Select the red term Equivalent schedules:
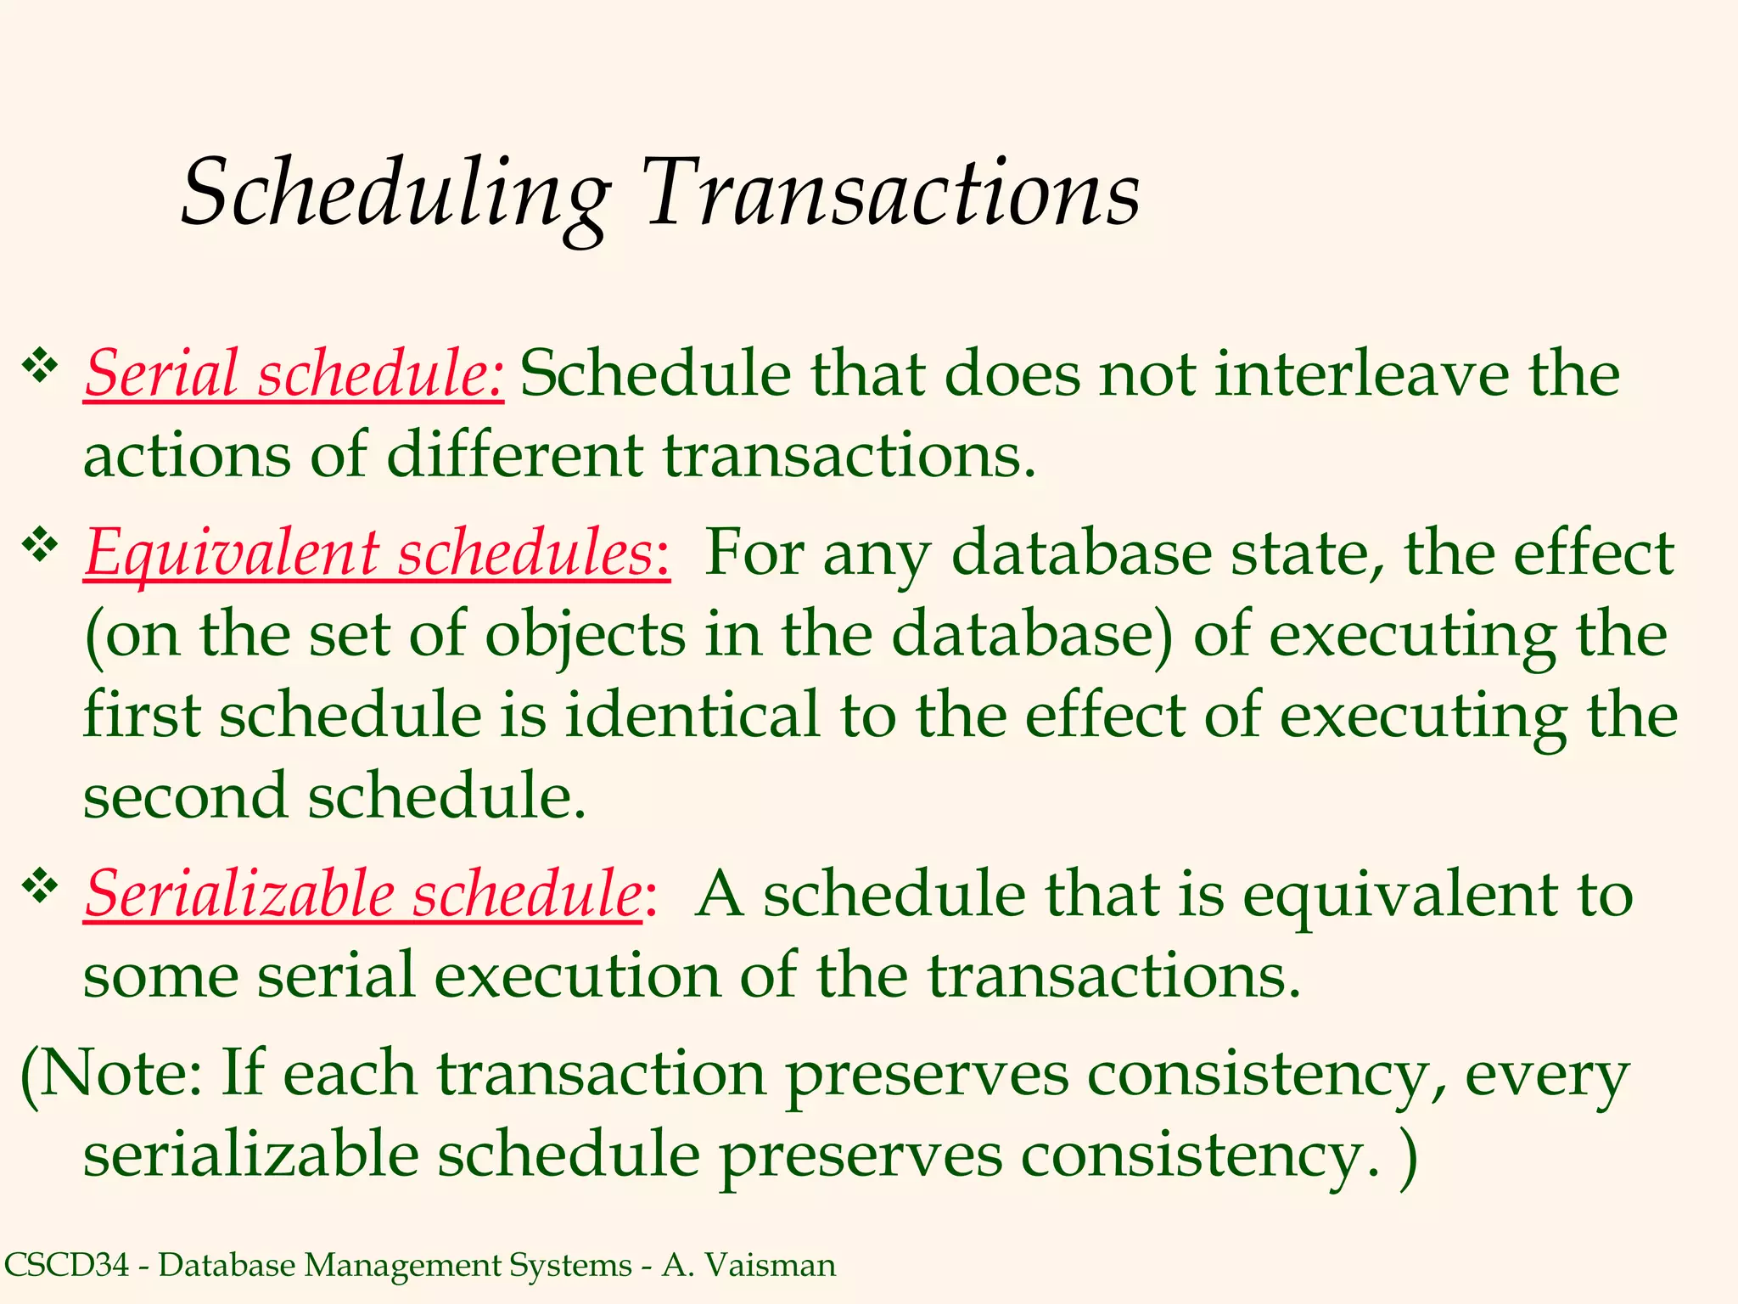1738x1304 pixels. pyautogui.click(x=377, y=553)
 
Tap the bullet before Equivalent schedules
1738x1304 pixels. pyautogui.click(x=40, y=544)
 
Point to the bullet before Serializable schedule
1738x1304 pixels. pyautogui.click(x=40, y=885)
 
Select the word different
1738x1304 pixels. pyautogui.click(x=514, y=455)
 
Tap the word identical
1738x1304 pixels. pyautogui.click(x=692, y=715)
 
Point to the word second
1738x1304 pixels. pyautogui.click(x=185, y=796)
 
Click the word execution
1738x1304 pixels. pyautogui.click(x=577, y=975)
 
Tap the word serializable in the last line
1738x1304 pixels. pyautogui.click(x=250, y=1155)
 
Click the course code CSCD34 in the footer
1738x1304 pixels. pyautogui.click(x=66, y=1265)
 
